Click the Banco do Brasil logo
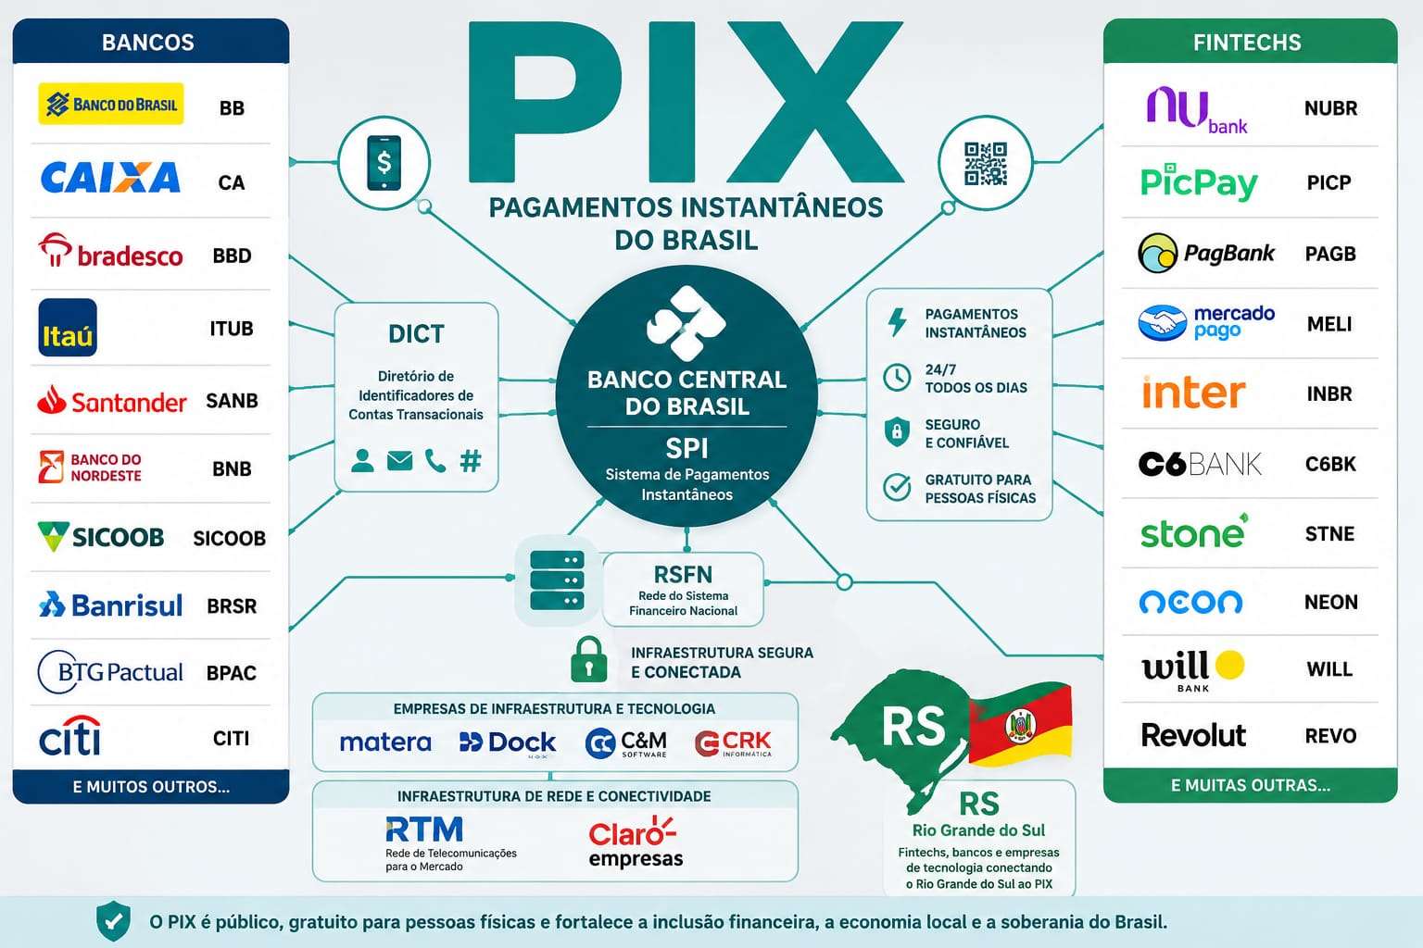111,104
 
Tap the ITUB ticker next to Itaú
232,329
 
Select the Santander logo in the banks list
112,401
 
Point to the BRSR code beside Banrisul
232,605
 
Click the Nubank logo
1196,110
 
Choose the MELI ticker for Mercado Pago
1329,324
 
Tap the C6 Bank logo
1200,464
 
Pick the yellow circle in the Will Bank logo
1229,665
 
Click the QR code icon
986,163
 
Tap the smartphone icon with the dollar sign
384,163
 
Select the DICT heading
416,333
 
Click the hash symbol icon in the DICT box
471,461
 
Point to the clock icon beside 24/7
897,378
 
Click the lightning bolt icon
897,322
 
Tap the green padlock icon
589,660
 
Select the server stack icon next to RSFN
557,580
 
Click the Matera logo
385,742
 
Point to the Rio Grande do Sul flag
1020,724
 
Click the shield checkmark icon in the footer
114,921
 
